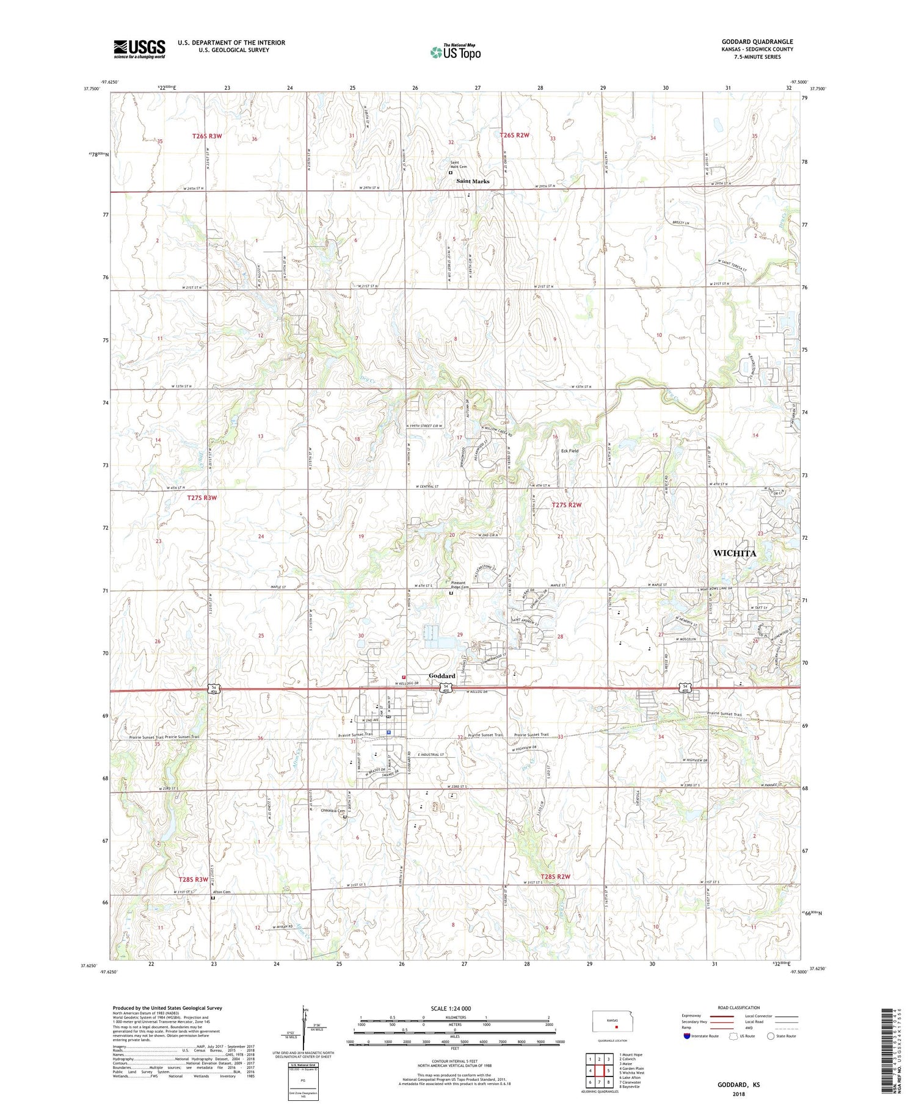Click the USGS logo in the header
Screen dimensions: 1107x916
point(139,49)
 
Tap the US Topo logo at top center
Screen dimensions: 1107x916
point(455,52)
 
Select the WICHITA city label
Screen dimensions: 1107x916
point(734,553)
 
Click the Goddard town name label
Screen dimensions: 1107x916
point(442,676)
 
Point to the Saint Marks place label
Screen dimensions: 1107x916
point(473,181)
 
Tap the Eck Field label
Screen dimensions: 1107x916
point(569,451)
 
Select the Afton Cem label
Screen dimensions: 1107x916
point(222,892)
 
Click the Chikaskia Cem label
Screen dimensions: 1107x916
point(334,811)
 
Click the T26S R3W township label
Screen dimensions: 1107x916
point(203,136)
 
